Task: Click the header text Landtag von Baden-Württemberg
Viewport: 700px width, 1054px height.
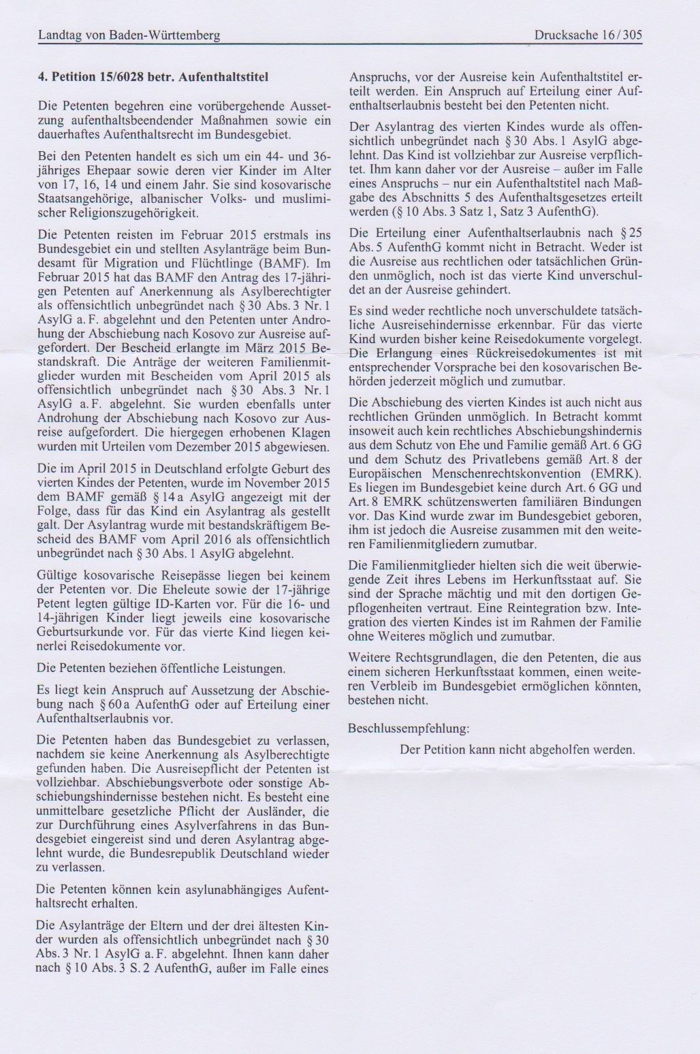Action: [129, 35]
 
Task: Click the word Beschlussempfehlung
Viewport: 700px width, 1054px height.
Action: [408, 728]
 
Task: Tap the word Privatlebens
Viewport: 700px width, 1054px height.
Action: [517, 458]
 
